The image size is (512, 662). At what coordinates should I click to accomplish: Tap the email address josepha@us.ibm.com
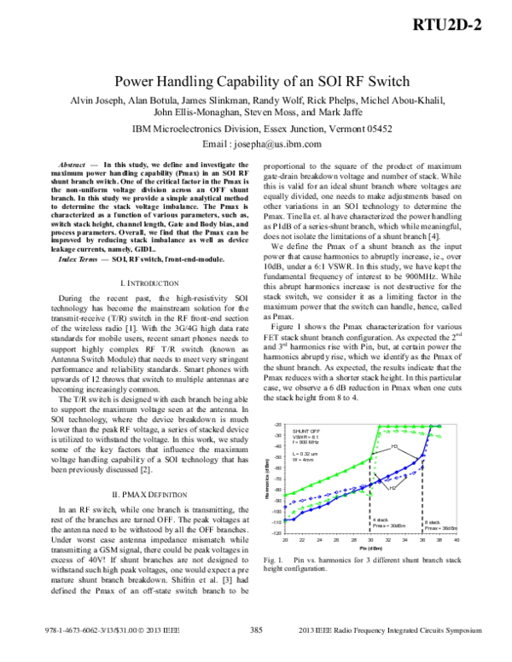273,144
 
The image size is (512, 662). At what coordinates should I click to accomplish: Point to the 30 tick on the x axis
369,540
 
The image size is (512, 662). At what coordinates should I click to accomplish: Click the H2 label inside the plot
392,486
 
